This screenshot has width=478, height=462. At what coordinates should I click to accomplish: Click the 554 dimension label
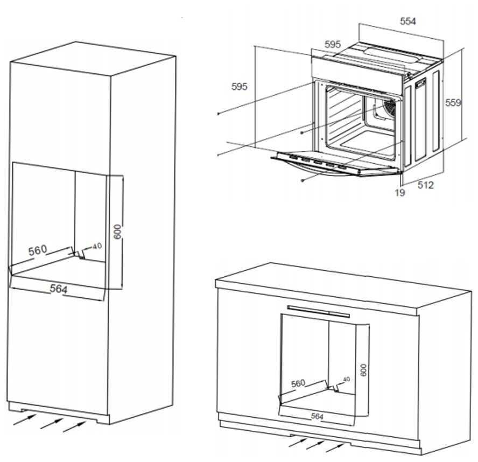click(x=408, y=21)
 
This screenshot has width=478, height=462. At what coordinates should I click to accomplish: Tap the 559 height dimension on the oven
click(x=453, y=103)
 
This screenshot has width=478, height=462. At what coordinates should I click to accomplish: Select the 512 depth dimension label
click(x=425, y=185)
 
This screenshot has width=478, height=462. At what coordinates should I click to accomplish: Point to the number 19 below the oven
click(x=399, y=192)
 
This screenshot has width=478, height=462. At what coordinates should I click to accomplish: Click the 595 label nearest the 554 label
click(x=333, y=45)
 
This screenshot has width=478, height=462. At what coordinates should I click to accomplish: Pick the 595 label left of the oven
click(x=239, y=86)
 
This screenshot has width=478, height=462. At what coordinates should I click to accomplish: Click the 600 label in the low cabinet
click(x=363, y=370)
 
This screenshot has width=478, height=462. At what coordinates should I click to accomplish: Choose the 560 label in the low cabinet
click(x=298, y=383)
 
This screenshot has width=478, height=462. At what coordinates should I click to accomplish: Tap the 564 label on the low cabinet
click(x=318, y=416)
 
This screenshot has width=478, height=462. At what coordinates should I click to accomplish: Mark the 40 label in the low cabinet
click(x=346, y=379)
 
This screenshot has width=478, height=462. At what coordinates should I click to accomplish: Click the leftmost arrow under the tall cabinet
click(x=22, y=419)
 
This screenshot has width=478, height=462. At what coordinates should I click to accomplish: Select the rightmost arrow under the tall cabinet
click(x=74, y=426)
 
